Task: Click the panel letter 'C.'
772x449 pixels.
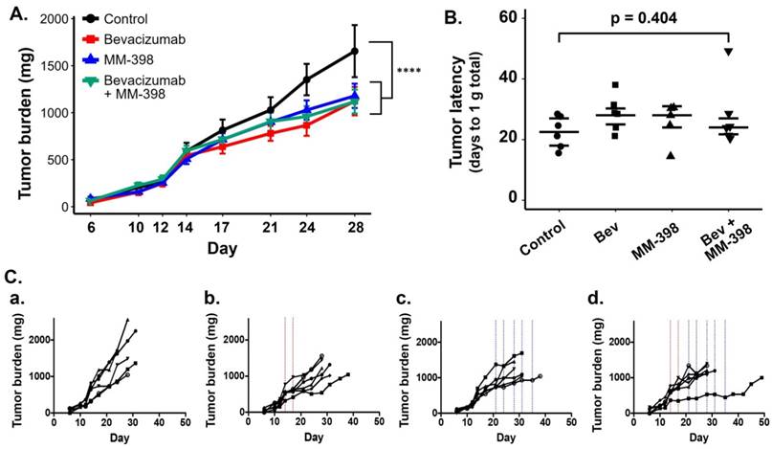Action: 13,275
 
